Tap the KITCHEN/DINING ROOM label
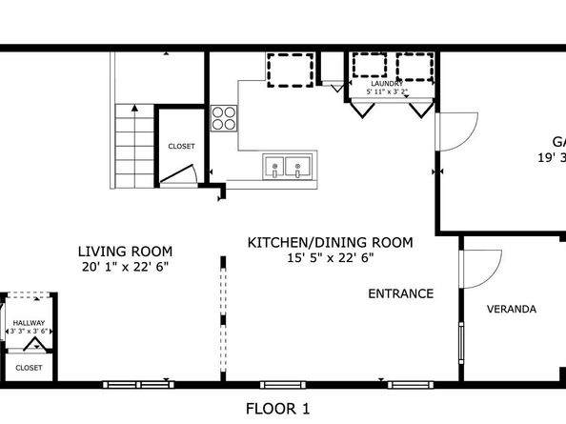coord(330,243)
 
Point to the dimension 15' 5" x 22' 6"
coord(330,257)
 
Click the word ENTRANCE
coord(401,293)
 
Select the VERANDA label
coord(512,309)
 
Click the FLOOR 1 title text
coord(278,409)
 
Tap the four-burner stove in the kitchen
coord(223,118)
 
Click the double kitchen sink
coord(286,167)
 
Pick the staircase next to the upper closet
coord(132,146)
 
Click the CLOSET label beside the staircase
coord(181,147)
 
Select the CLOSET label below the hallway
coord(29,367)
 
